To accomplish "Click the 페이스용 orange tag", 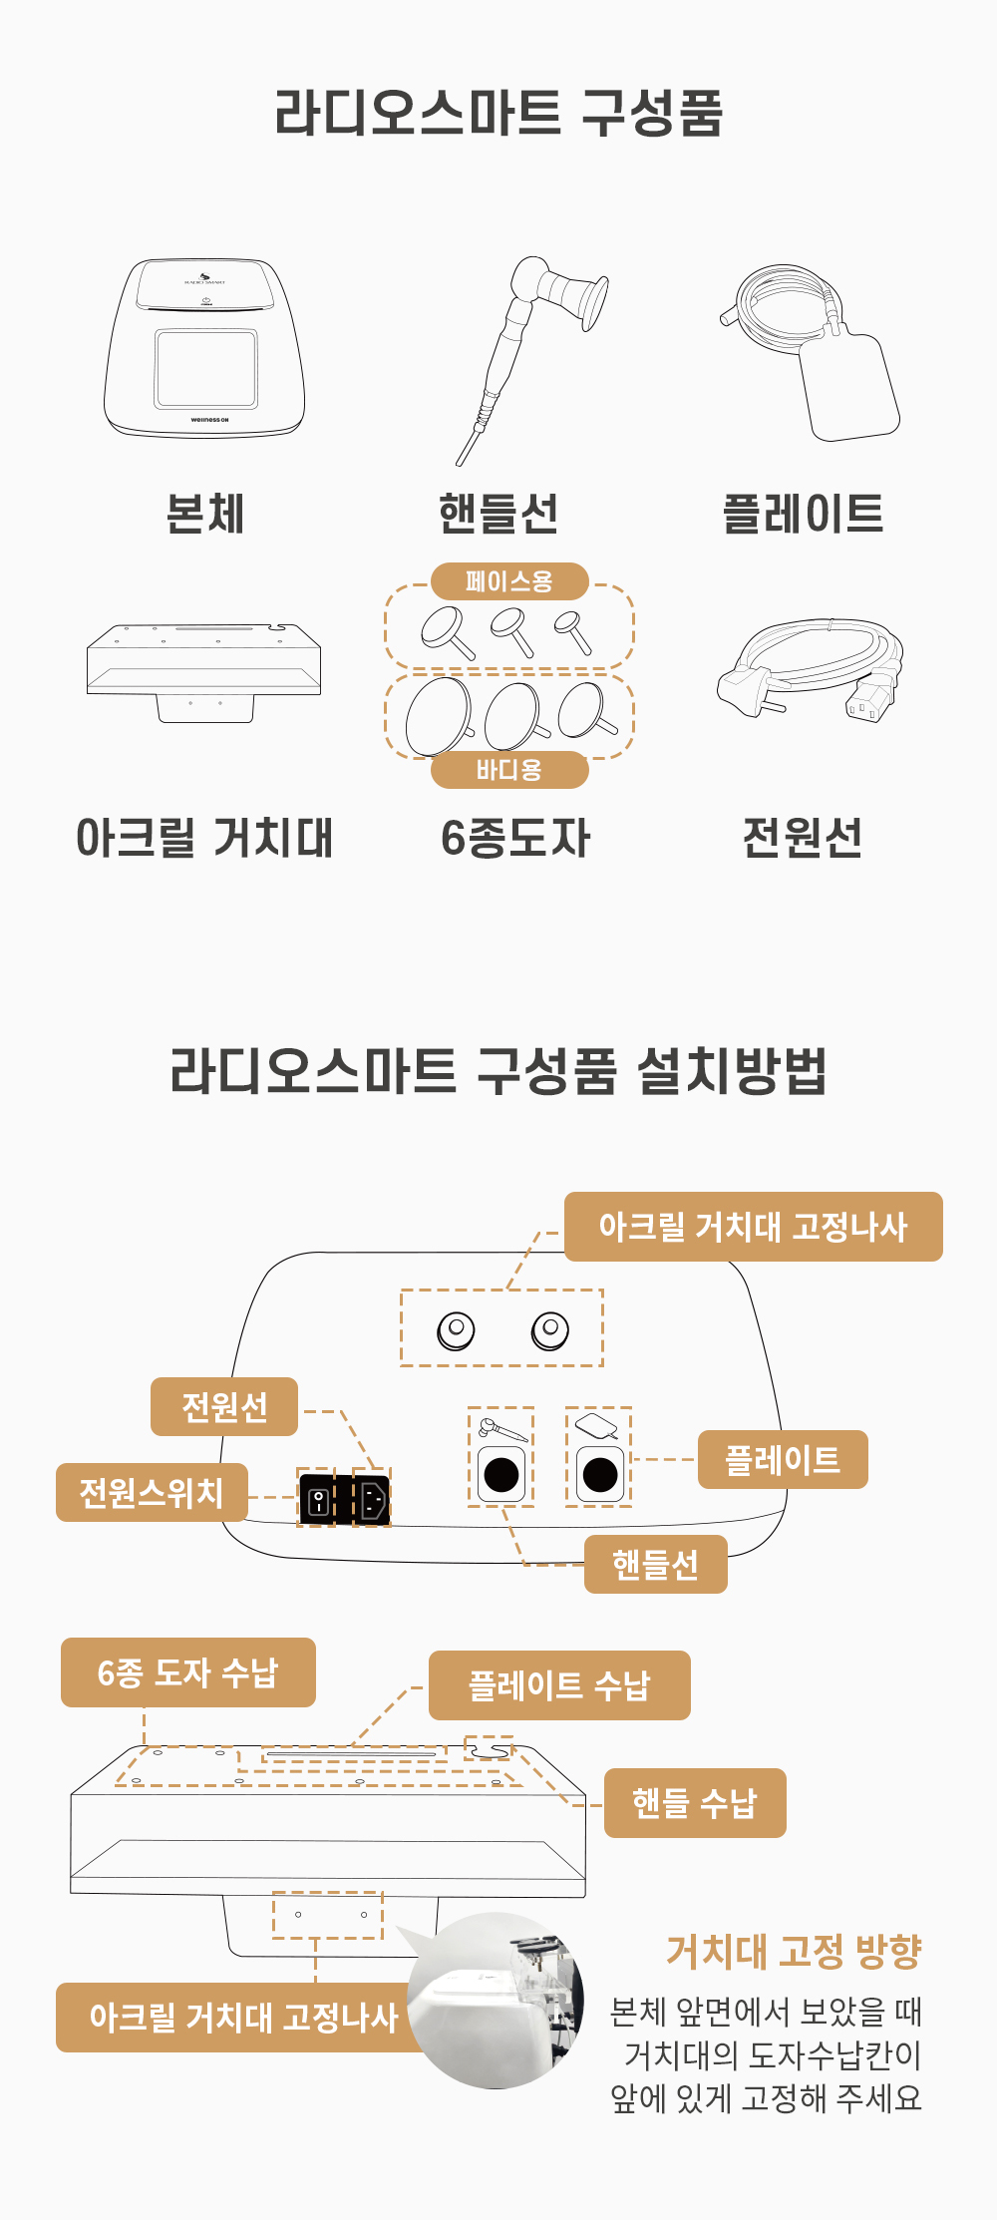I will (509, 581).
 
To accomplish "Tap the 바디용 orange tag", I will (509, 770).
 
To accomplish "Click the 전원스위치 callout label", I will (152, 1492).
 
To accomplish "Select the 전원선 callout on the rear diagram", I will (224, 1406).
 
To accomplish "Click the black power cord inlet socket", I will (372, 1499).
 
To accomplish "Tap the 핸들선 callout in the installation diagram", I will (655, 1564).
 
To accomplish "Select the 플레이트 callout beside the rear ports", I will (783, 1460).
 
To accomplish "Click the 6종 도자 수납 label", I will (188, 1672).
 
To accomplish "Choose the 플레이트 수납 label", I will (559, 1685).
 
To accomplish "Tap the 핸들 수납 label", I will (695, 1803).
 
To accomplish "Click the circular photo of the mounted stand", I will (496, 2001).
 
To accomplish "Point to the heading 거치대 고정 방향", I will (794, 1952).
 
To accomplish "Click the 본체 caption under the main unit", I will (205, 514).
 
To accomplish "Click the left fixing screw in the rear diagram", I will (457, 1329).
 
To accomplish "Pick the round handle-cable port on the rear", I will (501, 1474).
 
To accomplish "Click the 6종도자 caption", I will (515, 838).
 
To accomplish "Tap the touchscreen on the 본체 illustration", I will (205, 368).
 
